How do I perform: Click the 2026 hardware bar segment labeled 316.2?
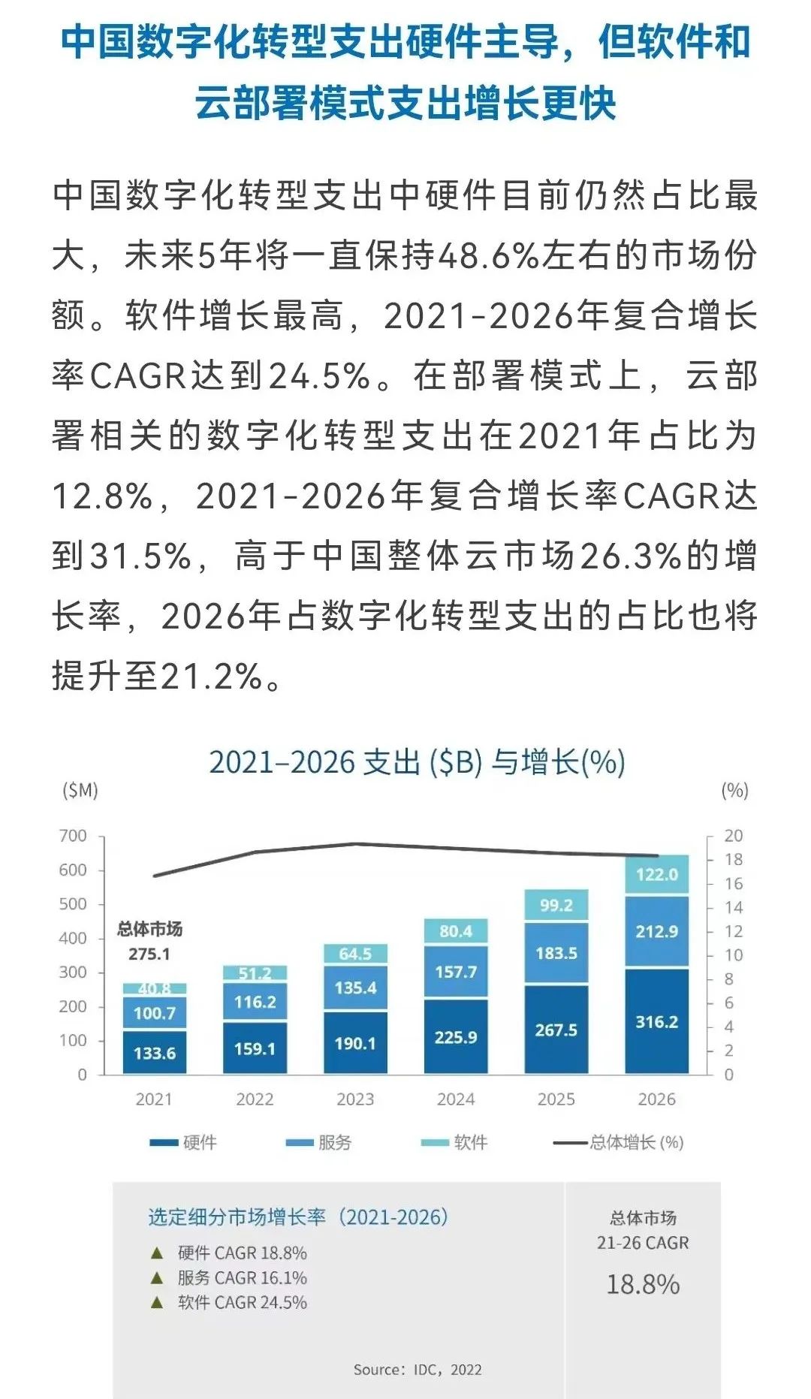656,1022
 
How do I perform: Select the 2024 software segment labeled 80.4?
456,931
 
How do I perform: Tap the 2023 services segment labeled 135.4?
355,987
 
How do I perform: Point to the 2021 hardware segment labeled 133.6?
155,1053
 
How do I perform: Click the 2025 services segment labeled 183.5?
556,953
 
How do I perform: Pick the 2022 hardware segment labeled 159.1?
255,1048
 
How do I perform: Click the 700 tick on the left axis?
73,836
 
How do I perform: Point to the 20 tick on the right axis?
733,836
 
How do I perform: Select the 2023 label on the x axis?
355,1099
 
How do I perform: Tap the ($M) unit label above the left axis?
80,790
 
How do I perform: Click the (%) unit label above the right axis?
734,790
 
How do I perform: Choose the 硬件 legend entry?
184,1142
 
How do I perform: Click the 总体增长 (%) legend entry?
619,1142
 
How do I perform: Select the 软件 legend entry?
455,1142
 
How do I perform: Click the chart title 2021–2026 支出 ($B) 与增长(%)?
417,762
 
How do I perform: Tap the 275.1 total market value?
149,954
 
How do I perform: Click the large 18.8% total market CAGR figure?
643,1284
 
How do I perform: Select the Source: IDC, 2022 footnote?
418,1370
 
